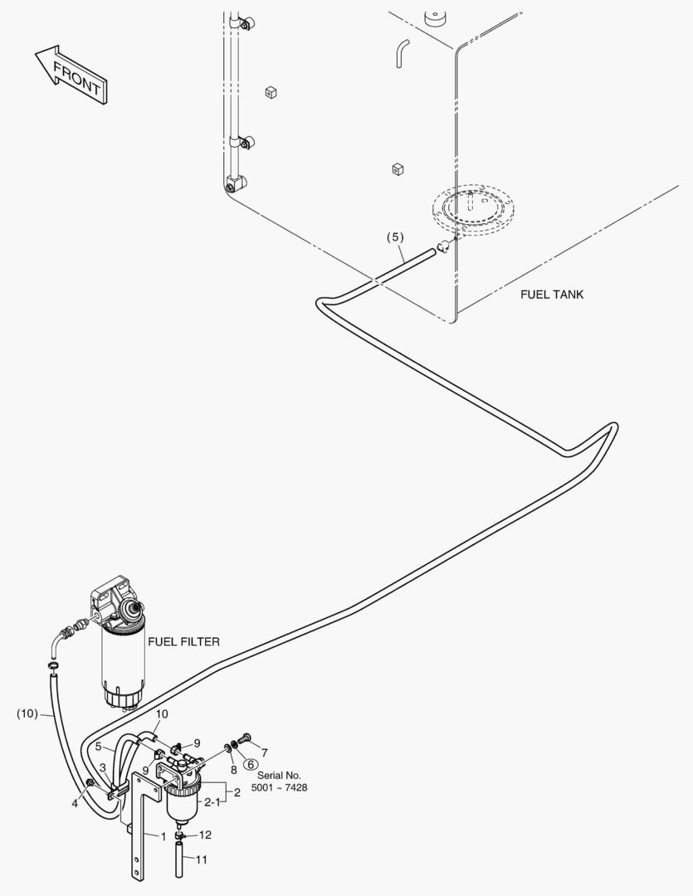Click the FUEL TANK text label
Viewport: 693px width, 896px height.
[x=551, y=295]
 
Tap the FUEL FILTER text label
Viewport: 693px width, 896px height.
[x=183, y=641]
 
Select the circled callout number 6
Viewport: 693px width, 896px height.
[x=251, y=764]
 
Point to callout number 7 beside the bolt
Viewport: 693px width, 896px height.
[x=264, y=752]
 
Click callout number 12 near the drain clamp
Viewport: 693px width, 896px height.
[x=205, y=835]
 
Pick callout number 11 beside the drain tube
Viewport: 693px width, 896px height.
[x=201, y=860]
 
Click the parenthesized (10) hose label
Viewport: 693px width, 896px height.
[x=27, y=713]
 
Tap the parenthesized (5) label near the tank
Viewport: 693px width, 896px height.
[x=395, y=237]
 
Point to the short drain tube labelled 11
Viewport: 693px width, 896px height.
[x=180, y=859]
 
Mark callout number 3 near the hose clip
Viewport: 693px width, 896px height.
[x=102, y=767]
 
